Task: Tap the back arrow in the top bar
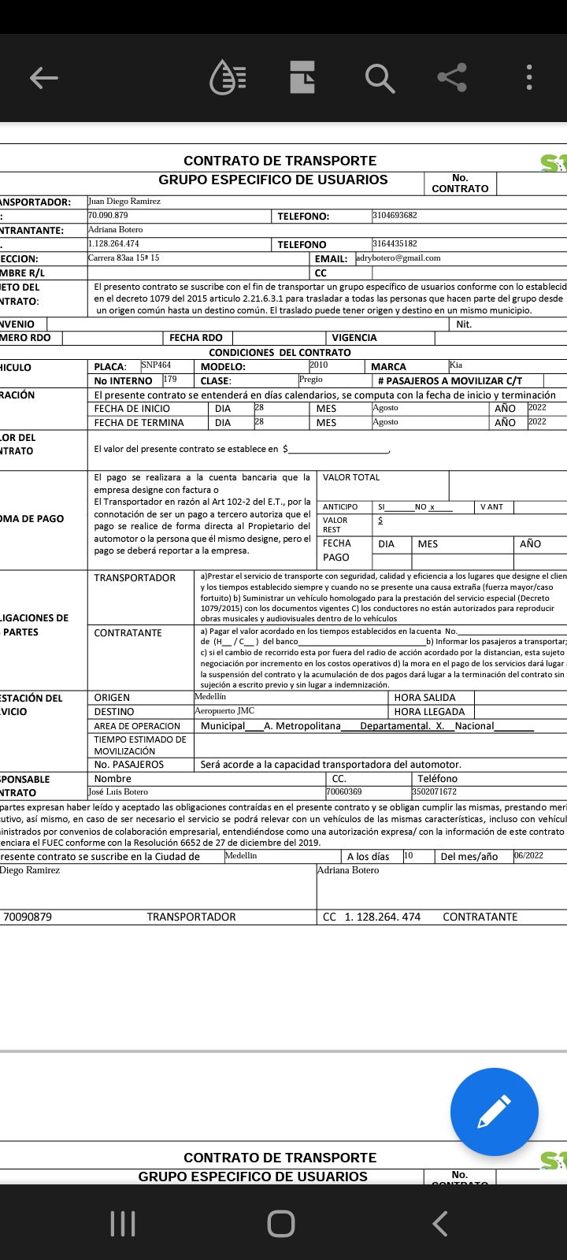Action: (44, 77)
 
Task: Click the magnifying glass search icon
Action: (379, 78)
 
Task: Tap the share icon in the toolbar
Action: (452, 77)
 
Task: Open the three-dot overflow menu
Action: (529, 77)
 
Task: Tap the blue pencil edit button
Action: (494, 1111)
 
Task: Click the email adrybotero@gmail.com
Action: (398, 258)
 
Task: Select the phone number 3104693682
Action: (395, 215)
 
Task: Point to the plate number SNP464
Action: (156, 365)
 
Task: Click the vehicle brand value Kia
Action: (456, 365)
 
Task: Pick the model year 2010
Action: (319, 365)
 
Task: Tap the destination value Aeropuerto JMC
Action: (224, 711)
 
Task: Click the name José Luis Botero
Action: (118, 792)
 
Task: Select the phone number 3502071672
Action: (434, 792)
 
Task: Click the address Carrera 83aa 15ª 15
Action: (124, 258)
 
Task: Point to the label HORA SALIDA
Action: (424, 698)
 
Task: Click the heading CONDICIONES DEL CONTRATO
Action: (280, 352)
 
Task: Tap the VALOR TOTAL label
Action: (351, 477)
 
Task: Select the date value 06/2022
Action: (528, 856)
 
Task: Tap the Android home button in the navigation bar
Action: (281, 1224)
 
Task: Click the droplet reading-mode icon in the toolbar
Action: (228, 77)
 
